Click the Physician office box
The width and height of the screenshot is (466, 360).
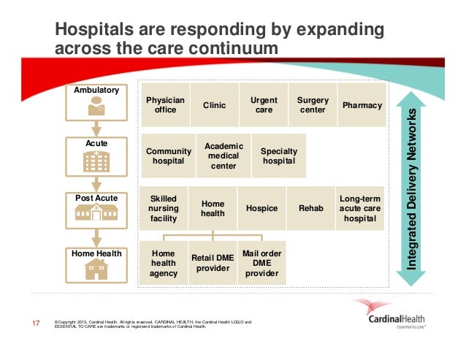[x=166, y=105]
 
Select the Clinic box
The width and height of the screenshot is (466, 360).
[x=214, y=105]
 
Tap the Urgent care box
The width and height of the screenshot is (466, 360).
[x=264, y=105]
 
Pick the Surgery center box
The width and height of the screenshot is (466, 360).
[x=313, y=105]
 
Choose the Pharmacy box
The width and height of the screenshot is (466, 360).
[x=362, y=105]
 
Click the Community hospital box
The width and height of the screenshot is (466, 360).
[x=169, y=156]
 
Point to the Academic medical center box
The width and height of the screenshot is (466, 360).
[x=224, y=156]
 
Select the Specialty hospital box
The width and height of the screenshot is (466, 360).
[x=278, y=156]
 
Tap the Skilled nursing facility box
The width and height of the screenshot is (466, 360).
[x=164, y=208]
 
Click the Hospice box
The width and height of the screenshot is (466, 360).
[x=261, y=208]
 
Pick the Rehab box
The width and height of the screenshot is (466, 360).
[x=311, y=208]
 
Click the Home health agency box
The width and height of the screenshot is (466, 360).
[x=164, y=263]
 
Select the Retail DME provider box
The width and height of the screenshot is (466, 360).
[x=213, y=263]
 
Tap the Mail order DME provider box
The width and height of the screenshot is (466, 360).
[x=261, y=263]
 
